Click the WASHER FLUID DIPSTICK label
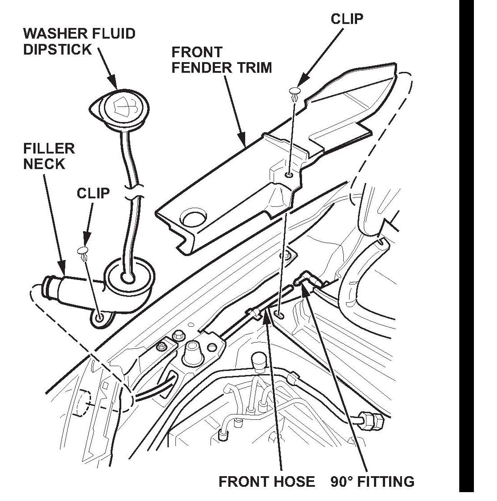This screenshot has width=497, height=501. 79,41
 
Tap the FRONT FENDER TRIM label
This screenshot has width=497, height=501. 221,60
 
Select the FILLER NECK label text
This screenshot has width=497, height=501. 49,156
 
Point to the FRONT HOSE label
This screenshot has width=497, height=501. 266,481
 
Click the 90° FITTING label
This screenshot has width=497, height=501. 372,481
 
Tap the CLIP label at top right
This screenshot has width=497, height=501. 347,19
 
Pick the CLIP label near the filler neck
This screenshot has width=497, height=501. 93,193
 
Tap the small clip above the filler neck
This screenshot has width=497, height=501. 84,252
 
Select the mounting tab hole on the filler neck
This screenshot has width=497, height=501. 99,317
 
